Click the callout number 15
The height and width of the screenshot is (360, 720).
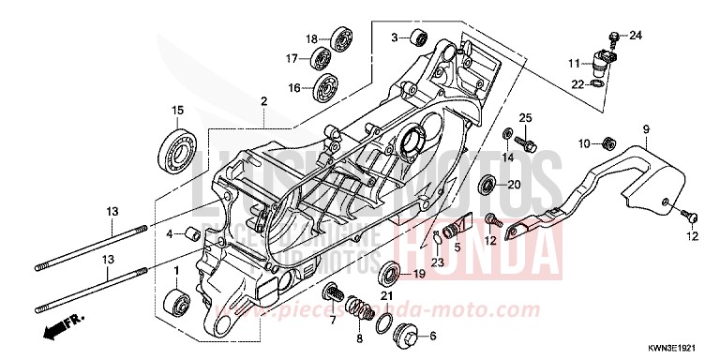click(x=176, y=112)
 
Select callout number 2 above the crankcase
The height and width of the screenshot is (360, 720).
click(x=265, y=100)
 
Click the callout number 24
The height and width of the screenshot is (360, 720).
click(x=636, y=36)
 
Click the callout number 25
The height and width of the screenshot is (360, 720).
click(x=525, y=116)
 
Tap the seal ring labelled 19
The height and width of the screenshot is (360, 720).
click(x=387, y=275)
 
